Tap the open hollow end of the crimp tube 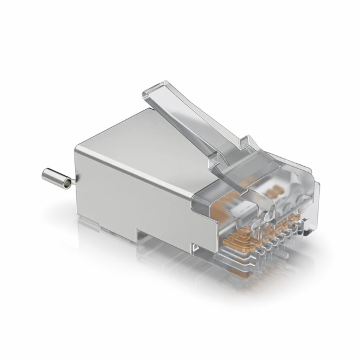45,175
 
